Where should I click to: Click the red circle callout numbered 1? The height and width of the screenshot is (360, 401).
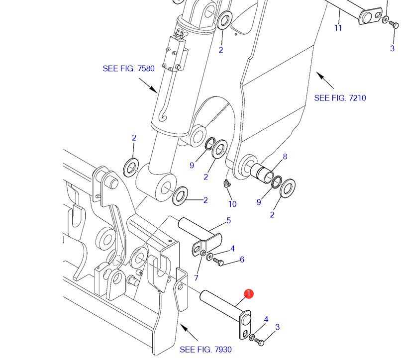249,294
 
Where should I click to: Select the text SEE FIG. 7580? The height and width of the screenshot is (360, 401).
129,69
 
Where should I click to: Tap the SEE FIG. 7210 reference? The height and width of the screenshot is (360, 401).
340,98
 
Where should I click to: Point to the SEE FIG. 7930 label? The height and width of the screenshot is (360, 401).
205,350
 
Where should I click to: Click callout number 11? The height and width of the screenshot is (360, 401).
338,28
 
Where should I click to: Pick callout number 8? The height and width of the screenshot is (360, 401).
285,157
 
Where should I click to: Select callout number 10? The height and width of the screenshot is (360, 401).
232,204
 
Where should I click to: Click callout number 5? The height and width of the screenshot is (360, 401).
229,220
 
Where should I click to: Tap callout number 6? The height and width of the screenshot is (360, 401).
242,260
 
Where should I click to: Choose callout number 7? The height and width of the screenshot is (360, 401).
196,277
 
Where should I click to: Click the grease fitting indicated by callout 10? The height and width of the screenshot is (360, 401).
226,183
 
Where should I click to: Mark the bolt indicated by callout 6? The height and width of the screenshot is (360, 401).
218,262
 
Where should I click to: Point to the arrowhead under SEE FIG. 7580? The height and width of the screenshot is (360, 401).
154,90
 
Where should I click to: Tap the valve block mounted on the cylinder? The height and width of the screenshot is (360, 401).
175,52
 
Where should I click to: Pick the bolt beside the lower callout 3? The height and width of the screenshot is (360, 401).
260,342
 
